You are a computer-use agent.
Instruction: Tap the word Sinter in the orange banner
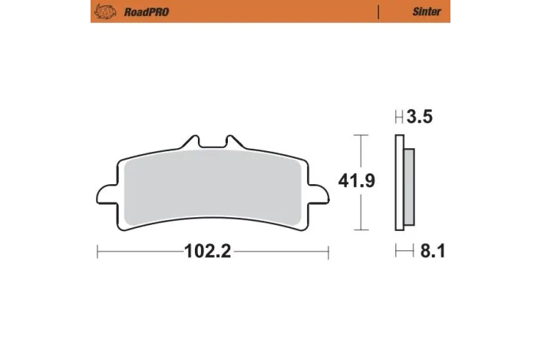427,12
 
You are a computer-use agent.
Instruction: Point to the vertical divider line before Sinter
379,12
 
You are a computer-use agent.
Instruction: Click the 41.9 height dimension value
357,181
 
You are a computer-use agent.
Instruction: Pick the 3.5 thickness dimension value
420,117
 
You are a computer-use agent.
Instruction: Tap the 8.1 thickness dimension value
430,251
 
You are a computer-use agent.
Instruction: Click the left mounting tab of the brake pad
105,194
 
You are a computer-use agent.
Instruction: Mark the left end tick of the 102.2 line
97,252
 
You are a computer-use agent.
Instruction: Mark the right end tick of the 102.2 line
328,252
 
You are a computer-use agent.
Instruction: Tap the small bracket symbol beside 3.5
398,117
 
